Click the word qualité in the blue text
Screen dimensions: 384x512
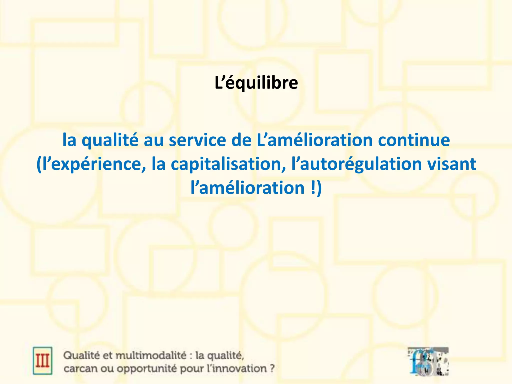[110, 140]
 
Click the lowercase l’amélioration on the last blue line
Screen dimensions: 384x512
[247, 188]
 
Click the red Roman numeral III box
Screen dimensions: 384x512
[42, 360]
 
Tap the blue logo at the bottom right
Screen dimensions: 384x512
[428, 361]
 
